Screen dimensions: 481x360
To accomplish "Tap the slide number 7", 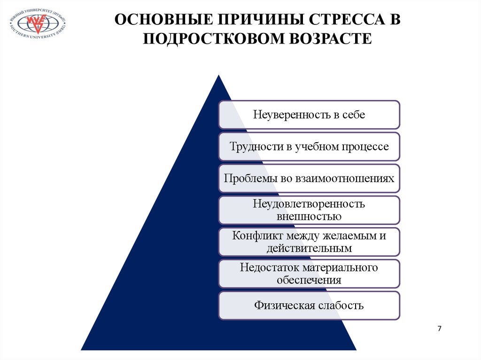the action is (x=440, y=329).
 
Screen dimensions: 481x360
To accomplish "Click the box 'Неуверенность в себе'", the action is (x=309, y=115).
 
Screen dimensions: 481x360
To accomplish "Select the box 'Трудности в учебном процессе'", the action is (x=309, y=146).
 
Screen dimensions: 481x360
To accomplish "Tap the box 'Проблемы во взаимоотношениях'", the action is (x=309, y=178).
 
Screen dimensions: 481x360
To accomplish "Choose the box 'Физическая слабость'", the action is (x=309, y=306).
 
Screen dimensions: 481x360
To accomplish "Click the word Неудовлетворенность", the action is (x=309, y=204).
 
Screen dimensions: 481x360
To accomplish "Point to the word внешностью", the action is (x=309, y=216).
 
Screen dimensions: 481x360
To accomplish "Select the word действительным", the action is (x=309, y=248).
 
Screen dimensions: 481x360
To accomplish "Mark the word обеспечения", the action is (x=309, y=280).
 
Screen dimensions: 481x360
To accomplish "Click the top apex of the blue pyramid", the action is (x=217, y=75).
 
